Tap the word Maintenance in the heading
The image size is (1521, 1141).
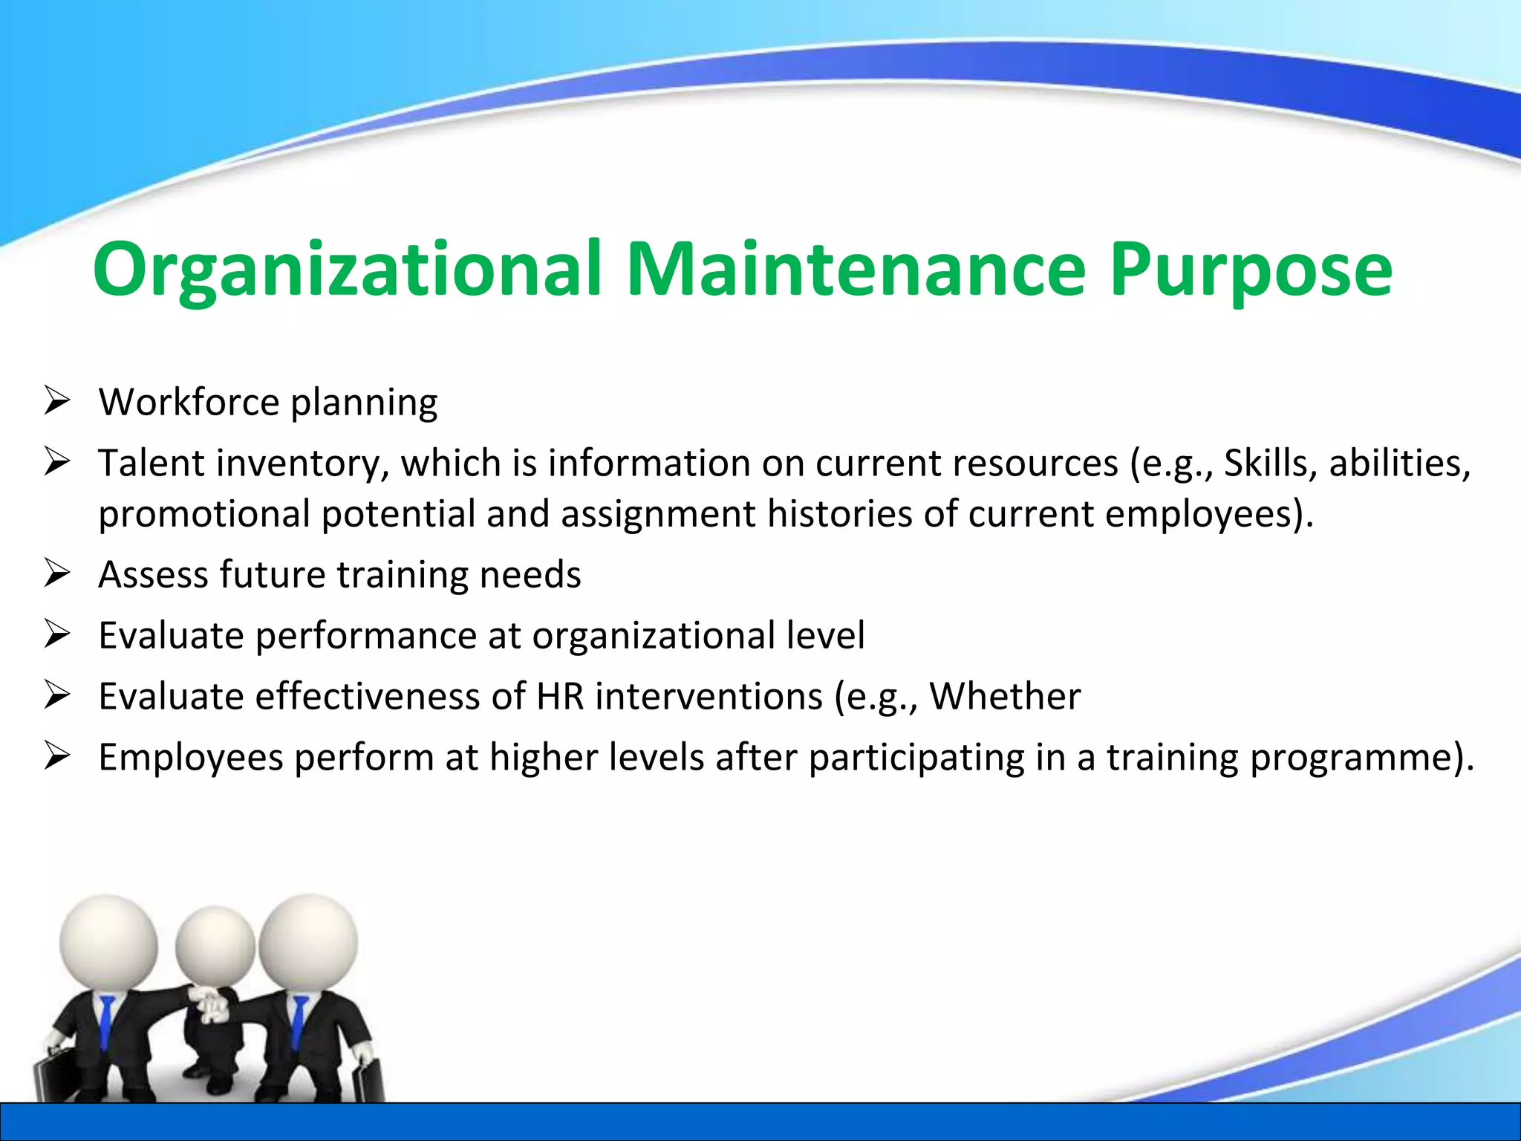(x=856, y=269)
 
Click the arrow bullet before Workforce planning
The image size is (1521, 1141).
(x=56, y=401)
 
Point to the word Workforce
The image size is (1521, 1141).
(x=189, y=403)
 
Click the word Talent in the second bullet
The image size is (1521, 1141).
(x=152, y=464)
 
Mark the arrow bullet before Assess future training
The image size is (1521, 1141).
(x=56, y=573)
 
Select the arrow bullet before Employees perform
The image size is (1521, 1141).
(x=56, y=756)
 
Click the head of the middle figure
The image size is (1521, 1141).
(x=215, y=947)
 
